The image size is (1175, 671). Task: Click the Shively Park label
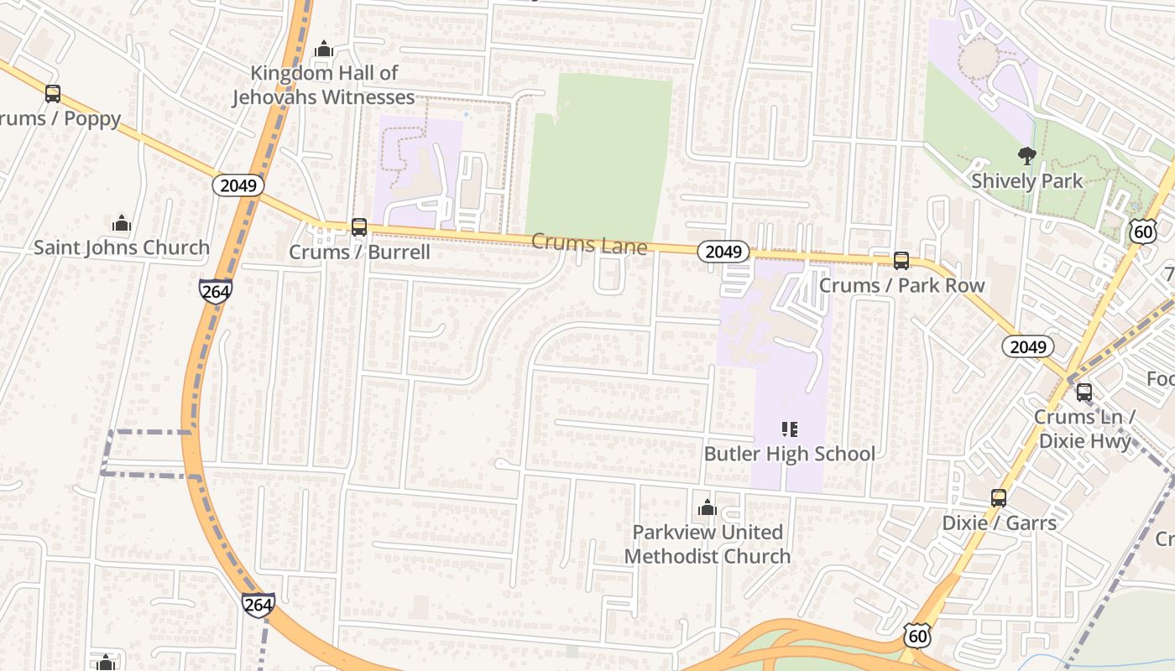tap(1026, 181)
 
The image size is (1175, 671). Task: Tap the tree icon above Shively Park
tap(1026, 155)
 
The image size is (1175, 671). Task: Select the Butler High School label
tap(789, 454)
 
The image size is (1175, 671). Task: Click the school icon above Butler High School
tap(789, 429)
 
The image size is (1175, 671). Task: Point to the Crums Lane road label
tap(589, 245)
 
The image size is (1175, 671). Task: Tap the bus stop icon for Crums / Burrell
tap(359, 226)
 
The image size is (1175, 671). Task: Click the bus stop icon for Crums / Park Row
tap(901, 260)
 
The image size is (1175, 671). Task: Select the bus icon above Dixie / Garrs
tap(999, 497)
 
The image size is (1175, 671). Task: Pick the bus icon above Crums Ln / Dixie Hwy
tap(1084, 392)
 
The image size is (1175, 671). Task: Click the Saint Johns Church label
tap(122, 247)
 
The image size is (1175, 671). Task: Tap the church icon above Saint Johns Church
tap(122, 223)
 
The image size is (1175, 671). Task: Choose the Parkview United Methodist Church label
tap(708, 544)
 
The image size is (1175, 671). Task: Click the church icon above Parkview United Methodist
tap(708, 507)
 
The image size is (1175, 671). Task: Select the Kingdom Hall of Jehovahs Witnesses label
tap(323, 85)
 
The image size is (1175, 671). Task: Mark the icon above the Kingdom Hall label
tap(324, 49)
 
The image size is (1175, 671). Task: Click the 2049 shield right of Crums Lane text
tap(723, 252)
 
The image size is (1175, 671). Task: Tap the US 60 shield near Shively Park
tap(1143, 231)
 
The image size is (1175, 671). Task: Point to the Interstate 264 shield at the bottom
tap(258, 605)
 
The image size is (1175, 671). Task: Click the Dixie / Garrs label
tap(999, 523)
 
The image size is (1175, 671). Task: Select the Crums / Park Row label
tap(901, 285)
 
